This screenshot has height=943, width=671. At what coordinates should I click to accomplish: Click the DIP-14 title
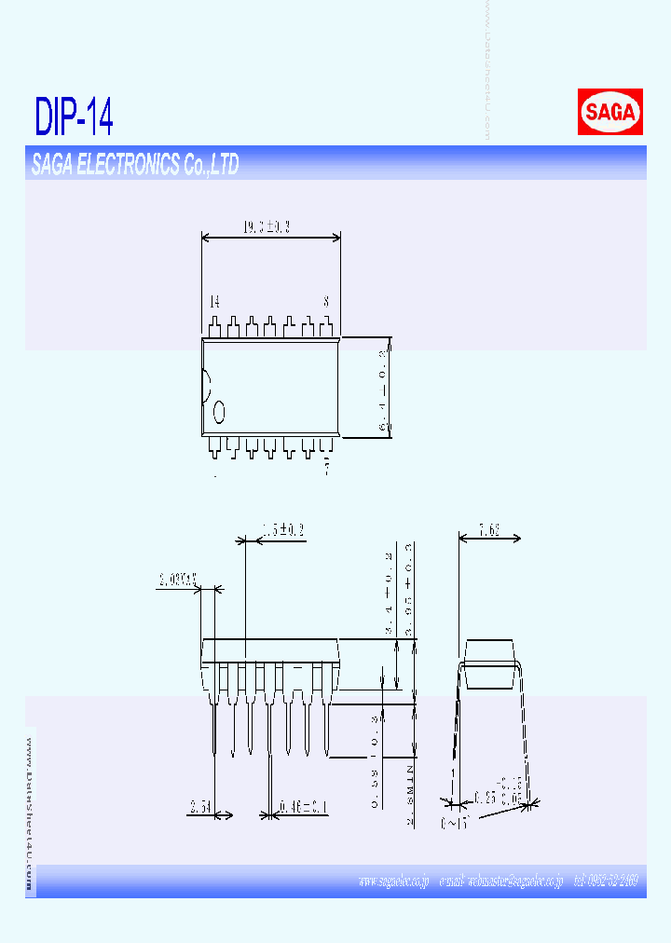(75, 116)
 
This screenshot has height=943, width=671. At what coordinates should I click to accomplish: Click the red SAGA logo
(609, 113)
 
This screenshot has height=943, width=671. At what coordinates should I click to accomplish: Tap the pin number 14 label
(214, 302)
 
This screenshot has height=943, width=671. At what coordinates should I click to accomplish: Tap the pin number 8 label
(326, 302)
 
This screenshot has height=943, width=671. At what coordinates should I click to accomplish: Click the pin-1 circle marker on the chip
(220, 411)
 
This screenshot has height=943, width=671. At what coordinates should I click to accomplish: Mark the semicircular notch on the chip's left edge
(206, 387)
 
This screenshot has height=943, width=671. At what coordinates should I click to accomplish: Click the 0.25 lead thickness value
(486, 798)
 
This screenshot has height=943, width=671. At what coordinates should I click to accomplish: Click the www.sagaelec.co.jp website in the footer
(392, 881)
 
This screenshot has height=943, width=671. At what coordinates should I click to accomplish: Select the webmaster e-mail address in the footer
(500, 881)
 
